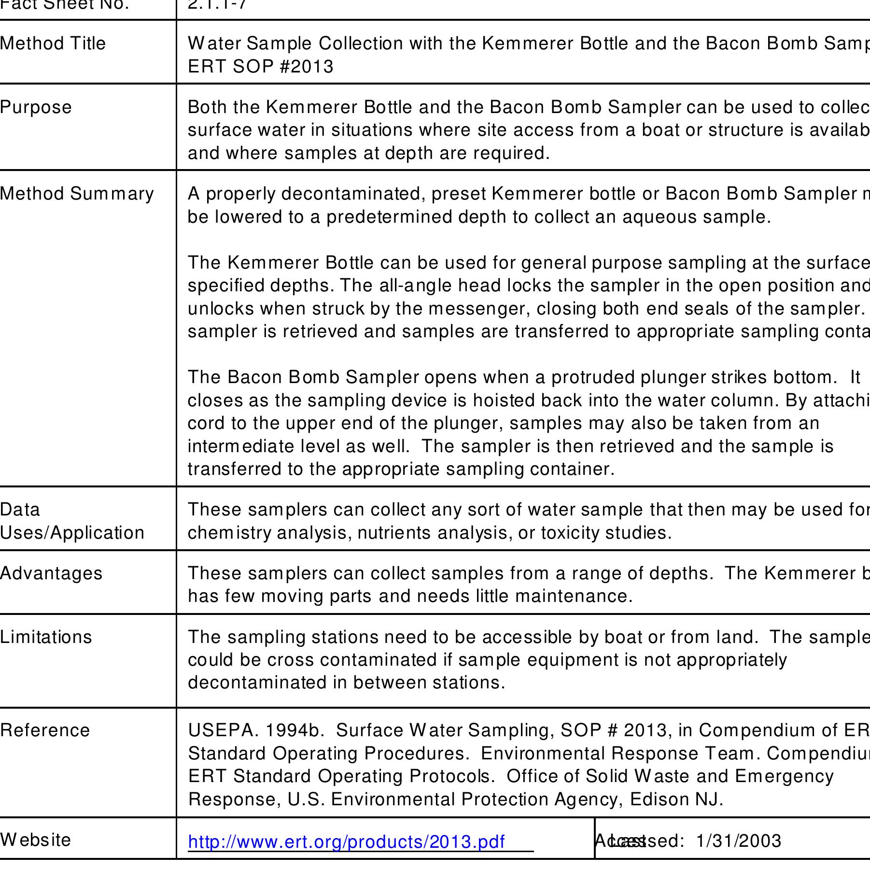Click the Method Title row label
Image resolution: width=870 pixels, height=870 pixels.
coord(53,43)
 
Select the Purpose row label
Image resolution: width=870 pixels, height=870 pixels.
coord(36,107)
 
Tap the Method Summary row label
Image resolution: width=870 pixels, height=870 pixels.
coord(77,194)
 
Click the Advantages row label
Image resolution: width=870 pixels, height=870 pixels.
coord(51,573)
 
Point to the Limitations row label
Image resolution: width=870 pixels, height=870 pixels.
coord(46,637)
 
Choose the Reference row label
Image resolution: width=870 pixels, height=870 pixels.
coord(45,730)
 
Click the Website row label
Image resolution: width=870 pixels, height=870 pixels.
coord(35,840)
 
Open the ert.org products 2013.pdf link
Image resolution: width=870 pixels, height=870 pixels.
coord(346,841)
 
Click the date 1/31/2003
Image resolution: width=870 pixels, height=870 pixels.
coord(739,841)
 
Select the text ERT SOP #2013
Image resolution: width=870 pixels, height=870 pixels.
coord(261,67)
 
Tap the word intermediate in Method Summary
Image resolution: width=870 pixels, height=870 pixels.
coord(240,446)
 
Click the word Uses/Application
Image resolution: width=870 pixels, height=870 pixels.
coord(72,533)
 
